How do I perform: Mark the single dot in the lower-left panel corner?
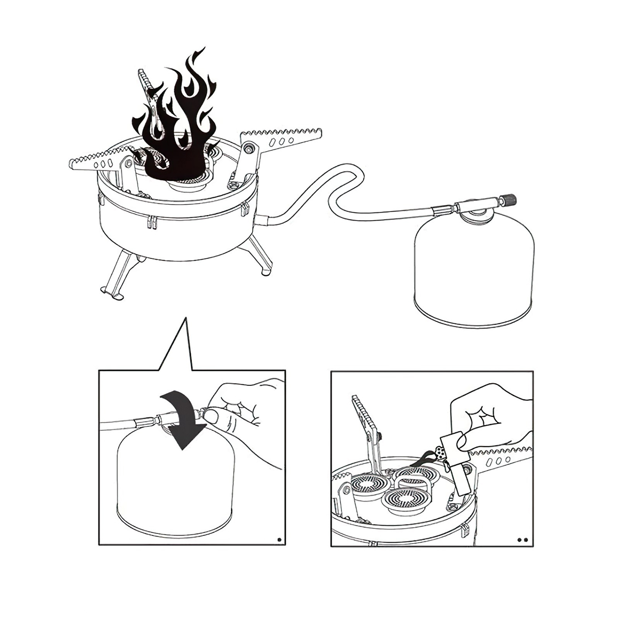click(x=280, y=540)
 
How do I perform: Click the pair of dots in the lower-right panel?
click(x=523, y=541)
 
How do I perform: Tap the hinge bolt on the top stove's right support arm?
click(x=250, y=149)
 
